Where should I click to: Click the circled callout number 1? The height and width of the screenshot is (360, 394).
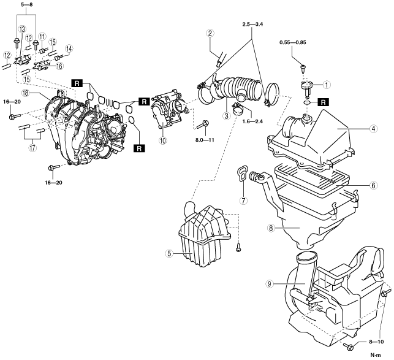tap(327, 85)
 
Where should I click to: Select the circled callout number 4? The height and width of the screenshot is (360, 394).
tap(373, 129)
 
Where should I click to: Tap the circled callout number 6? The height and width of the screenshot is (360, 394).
tap(373, 185)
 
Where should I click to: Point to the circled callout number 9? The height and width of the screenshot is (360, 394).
tap(270, 284)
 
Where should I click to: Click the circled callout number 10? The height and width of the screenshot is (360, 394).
tap(163, 140)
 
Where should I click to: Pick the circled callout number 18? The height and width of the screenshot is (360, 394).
tap(26, 93)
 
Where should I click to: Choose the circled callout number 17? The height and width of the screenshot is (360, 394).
tap(32, 148)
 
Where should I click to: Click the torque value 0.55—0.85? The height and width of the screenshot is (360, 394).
tap(293, 42)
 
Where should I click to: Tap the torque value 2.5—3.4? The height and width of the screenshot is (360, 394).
tap(252, 25)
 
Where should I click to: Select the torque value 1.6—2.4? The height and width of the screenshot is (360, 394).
tap(252, 121)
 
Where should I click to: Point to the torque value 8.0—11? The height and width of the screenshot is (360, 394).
tap(205, 140)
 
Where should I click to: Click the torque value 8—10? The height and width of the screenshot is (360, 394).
tap(376, 342)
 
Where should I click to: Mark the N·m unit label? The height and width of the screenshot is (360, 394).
tap(376, 355)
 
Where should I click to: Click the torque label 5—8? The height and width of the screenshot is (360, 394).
tap(26, 4)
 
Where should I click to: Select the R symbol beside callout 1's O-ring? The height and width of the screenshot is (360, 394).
tap(324, 102)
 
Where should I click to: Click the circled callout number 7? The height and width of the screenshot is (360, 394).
tap(243, 201)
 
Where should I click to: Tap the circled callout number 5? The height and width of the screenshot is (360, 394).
tap(169, 253)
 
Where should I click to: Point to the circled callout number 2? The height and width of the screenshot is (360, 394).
tap(210, 33)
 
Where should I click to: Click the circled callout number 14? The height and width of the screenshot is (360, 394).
tap(69, 48)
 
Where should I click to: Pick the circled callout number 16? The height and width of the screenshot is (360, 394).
tap(59, 66)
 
